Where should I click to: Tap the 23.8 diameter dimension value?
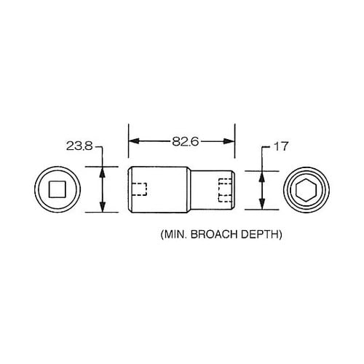click(79, 146)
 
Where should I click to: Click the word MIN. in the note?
click(173, 235)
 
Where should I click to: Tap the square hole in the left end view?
click(56, 189)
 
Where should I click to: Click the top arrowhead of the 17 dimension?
click(261, 175)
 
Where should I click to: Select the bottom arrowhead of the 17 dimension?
click(261, 205)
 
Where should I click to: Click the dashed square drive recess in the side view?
click(141, 189)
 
